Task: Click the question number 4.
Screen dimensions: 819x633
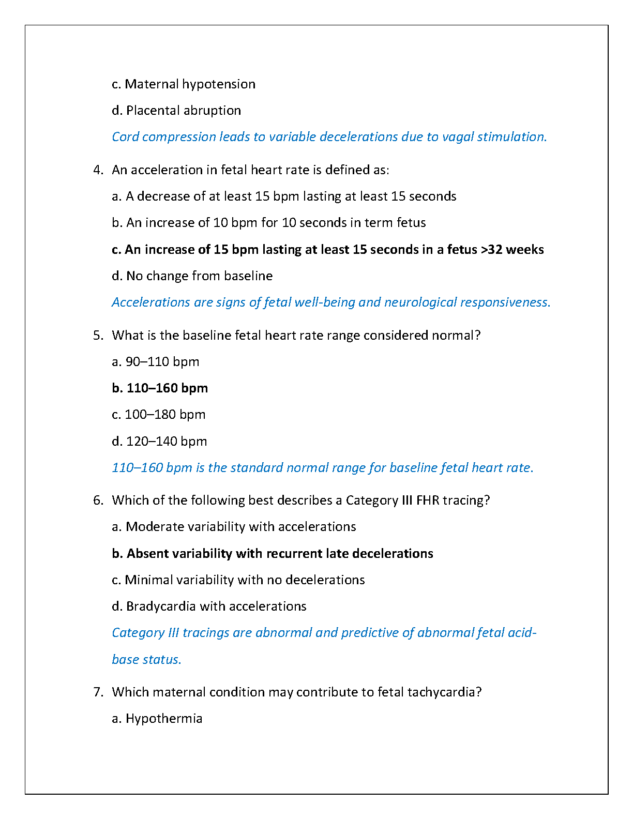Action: (x=98, y=170)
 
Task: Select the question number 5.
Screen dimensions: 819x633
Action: (x=98, y=336)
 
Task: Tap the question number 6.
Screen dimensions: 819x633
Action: (x=98, y=501)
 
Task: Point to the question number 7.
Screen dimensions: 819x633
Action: (x=98, y=692)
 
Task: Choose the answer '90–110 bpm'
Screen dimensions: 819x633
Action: (x=162, y=362)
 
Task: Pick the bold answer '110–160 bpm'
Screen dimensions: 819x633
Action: (x=167, y=388)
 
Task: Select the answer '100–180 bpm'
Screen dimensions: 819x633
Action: (x=164, y=415)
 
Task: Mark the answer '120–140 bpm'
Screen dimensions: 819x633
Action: (x=166, y=442)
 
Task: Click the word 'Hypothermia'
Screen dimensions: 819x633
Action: (x=164, y=719)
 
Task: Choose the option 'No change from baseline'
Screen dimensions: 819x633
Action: (x=199, y=276)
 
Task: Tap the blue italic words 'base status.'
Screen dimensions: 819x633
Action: (x=146, y=660)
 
